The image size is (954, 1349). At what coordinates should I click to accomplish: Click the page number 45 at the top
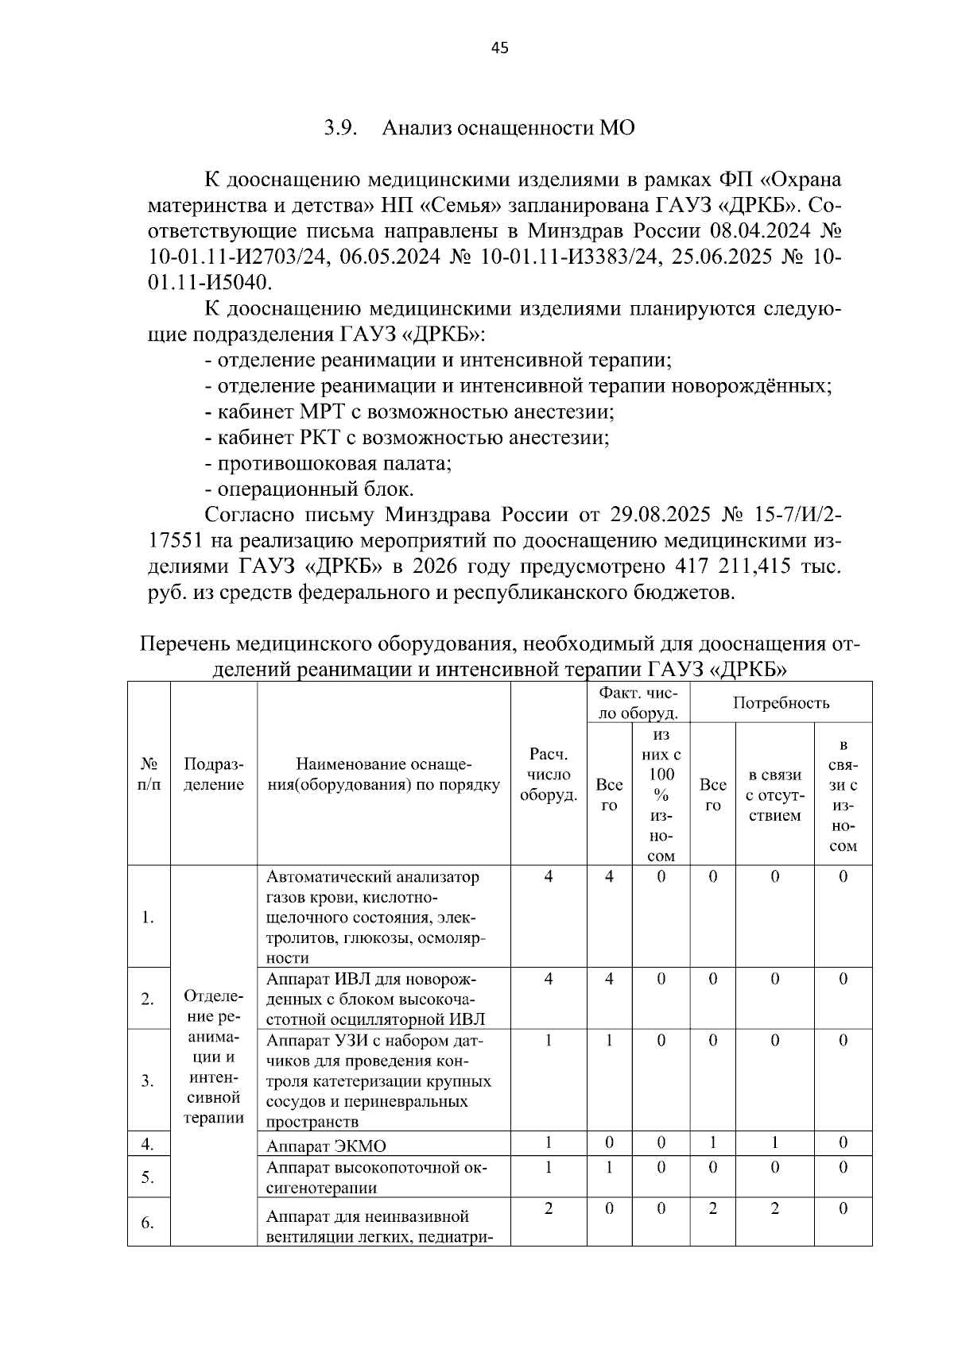click(x=499, y=48)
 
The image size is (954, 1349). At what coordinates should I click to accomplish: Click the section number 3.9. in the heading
click(x=343, y=128)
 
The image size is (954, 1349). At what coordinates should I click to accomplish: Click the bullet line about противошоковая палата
click(x=328, y=462)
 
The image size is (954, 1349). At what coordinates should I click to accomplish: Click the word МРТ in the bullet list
click(x=322, y=412)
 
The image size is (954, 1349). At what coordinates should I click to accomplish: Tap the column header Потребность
click(x=781, y=702)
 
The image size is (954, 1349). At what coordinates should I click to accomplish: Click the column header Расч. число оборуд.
click(x=548, y=775)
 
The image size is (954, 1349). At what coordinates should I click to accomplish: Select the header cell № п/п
click(x=149, y=775)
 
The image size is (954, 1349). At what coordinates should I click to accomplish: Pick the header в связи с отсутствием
click(x=774, y=794)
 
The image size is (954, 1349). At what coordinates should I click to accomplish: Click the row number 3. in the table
click(x=148, y=1080)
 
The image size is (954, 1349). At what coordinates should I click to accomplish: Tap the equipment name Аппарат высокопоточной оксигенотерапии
click(x=376, y=1177)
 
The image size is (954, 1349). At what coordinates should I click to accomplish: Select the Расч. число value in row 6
click(x=548, y=1208)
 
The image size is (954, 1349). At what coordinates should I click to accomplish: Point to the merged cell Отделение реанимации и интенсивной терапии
click(x=213, y=1057)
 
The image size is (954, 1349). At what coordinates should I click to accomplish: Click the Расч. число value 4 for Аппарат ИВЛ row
click(x=548, y=979)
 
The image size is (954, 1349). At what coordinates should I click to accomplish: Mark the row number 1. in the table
click(x=148, y=918)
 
